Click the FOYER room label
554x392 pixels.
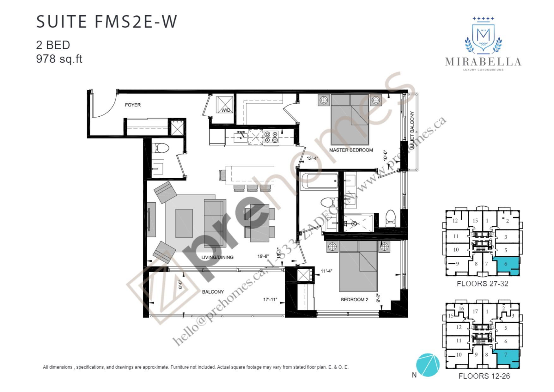(133, 105)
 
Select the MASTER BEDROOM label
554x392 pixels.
(351, 150)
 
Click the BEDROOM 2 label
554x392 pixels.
(354, 299)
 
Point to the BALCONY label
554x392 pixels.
(213, 292)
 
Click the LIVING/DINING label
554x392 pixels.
(217, 257)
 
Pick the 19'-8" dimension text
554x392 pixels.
(263, 256)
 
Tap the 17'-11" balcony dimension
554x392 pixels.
(270, 299)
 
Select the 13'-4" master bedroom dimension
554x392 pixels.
(312, 158)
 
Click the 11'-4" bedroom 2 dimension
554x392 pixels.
(326, 271)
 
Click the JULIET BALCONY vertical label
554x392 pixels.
(412, 130)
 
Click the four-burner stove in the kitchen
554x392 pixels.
(271, 137)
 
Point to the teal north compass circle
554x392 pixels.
(428, 365)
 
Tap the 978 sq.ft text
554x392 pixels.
(59, 59)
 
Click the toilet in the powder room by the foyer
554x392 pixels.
(160, 148)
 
